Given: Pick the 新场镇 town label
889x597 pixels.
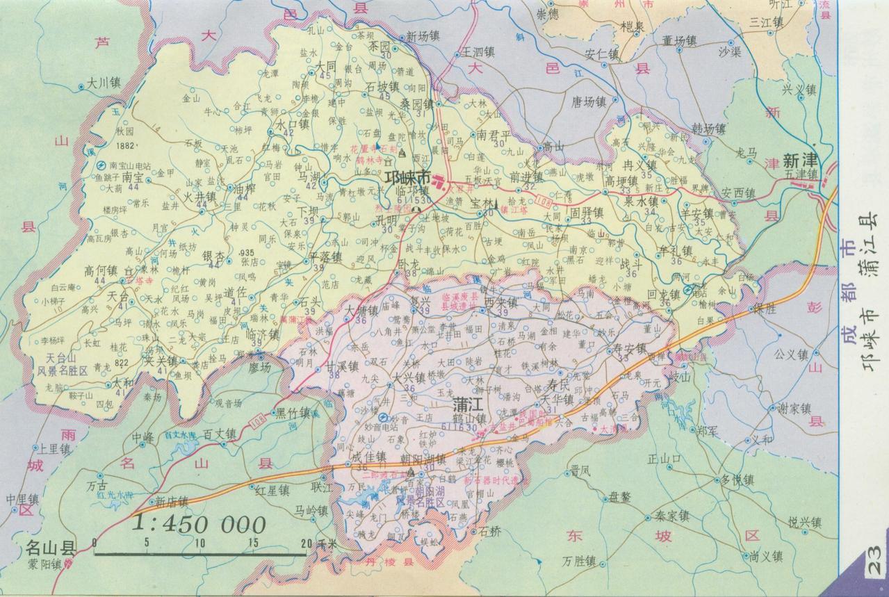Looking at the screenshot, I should [x=423, y=36].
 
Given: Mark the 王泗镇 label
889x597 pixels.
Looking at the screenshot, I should [x=478, y=52].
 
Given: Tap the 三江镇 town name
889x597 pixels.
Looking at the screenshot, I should [x=767, y=22].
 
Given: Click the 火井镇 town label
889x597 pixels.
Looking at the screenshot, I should [x=200, y=197].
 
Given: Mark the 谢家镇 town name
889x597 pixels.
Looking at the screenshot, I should [x=794, y=408].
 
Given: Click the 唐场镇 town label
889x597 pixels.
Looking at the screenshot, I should [x=589, y=101].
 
